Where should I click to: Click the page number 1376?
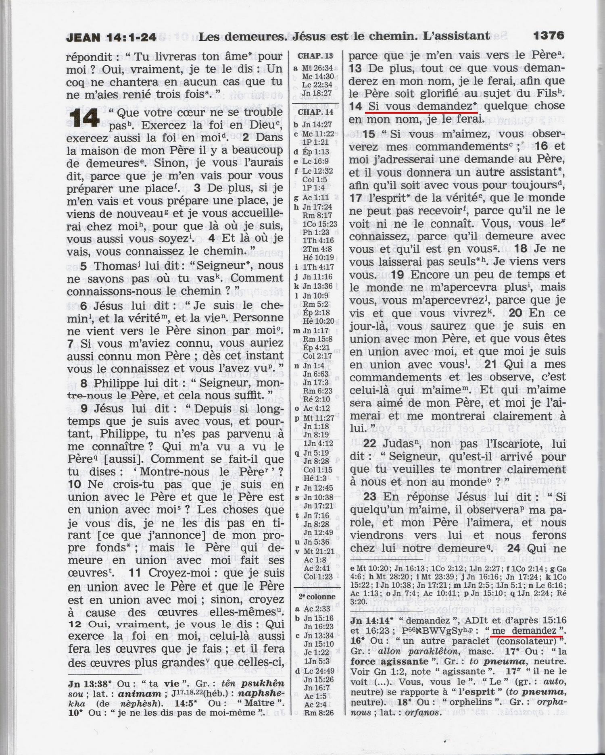pyautogui.click(x=548, y=36)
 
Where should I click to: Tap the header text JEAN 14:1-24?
pyautogui.click(x=111, y=37)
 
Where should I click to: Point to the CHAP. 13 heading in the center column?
pyautogui.click(x=315, y=56)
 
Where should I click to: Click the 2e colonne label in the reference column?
pyautogui.click(x=317, y=597)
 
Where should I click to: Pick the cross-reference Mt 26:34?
pyautogui.click(x=317, y=68)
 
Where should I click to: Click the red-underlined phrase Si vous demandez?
pyautogui.click(x=419, y=106)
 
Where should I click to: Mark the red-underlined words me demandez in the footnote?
pyautogui.click(x=526, y=630)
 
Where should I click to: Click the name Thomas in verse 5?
pyautogui.click(x=114, y=266)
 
